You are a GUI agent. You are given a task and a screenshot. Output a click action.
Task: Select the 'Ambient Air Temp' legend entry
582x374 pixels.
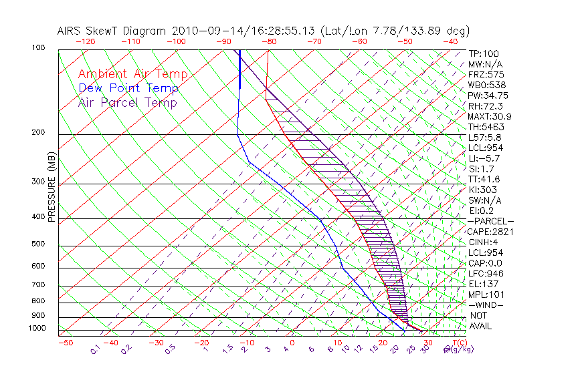(132, 74)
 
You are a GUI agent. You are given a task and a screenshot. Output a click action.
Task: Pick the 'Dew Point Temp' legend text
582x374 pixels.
(128, 88)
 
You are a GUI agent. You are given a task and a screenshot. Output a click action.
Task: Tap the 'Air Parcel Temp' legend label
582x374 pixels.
(127, 102)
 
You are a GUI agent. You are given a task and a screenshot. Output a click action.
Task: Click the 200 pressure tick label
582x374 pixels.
(39, 132)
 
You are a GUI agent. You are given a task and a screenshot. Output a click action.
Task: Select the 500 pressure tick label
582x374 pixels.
(39, 244)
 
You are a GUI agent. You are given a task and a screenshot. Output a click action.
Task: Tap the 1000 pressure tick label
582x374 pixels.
(37, 329)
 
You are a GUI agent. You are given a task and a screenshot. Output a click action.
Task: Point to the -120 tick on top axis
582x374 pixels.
(85, 41)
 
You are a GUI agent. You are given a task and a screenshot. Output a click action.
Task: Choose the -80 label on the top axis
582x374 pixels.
(269, 41)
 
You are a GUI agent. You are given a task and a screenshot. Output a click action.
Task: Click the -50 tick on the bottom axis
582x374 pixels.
(65, 343)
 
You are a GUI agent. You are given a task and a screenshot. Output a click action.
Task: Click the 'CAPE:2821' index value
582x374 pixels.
(490, 232)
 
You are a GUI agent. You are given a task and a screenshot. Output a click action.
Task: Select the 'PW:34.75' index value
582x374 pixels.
(488, 96)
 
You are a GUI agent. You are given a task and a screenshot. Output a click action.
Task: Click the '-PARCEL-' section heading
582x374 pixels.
(490, 221)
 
